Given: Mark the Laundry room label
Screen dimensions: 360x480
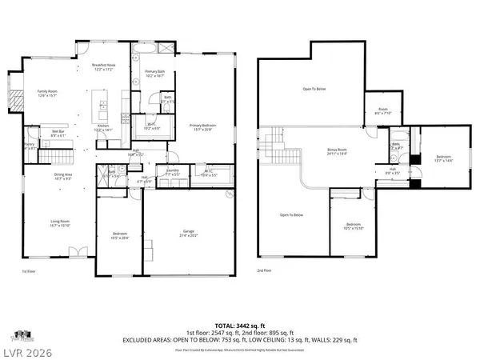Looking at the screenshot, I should (x=171, y=171).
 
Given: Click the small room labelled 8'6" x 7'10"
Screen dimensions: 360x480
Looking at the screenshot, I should (x=383, y=112).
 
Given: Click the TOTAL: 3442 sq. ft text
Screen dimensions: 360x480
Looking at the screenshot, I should (x=240, y=325).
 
